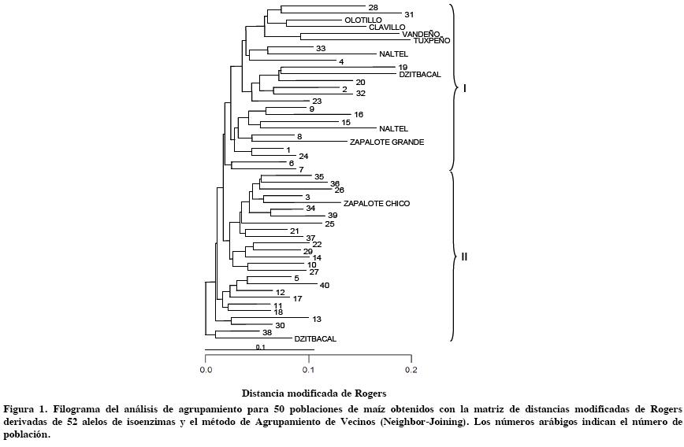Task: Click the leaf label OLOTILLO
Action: point(363,20)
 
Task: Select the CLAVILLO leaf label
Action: point(387,28)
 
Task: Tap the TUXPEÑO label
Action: point(432,40)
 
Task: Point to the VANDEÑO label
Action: point(421,34)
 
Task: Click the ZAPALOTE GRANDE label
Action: point(387,142)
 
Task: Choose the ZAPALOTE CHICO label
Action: point(377,204)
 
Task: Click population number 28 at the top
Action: point(373,7)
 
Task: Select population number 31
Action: point(409,15)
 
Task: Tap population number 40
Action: point(325,285)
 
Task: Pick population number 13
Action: point(317,319)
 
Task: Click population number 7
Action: point(301,169)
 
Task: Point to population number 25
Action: point(329,224)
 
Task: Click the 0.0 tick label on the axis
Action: point(205,369)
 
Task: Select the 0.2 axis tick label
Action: point(411,369)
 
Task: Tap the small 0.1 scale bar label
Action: point(260,347)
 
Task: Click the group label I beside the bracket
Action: point(464,88)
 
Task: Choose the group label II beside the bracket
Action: point(464,257)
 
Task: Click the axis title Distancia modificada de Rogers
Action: point(314,393)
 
